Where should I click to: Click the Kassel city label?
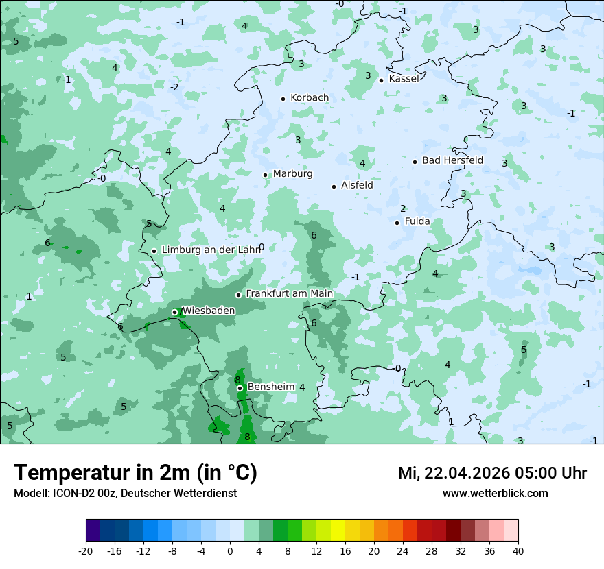coord(404,79)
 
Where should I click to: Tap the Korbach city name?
coord(310,98)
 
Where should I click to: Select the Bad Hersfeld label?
coord(452,160)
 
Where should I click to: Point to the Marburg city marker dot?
coord(266,175)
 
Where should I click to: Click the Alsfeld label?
coord(357,185)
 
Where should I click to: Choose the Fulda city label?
coord(417,221)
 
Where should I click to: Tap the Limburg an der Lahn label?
coord(211,250)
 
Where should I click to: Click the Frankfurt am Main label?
coord(289,294)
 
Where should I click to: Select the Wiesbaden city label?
coord(209,311)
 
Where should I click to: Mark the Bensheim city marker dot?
coord(240,388)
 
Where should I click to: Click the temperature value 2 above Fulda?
coord(403,208)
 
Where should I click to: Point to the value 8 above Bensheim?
coord(237,380)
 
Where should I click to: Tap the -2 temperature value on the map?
coord(174,87)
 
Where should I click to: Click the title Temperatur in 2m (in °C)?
coord(135,473)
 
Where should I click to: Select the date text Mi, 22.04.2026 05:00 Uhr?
coord(492,473)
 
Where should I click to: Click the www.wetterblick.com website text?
coord(495,493)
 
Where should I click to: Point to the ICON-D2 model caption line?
coord(125,493)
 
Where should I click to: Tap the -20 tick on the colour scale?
coord(86,550)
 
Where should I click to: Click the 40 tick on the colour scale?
coord(518,550)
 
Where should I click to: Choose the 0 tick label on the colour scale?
coord(230,550)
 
